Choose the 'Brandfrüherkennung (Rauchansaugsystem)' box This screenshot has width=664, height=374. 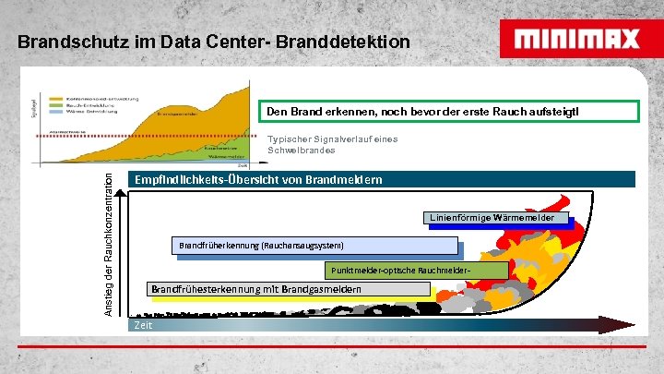(314, 246)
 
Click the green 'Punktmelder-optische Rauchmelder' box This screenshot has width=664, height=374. (416, 270)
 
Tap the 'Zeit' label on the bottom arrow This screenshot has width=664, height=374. (143, 325)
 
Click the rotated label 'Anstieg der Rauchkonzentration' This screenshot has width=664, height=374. (109, 243)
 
